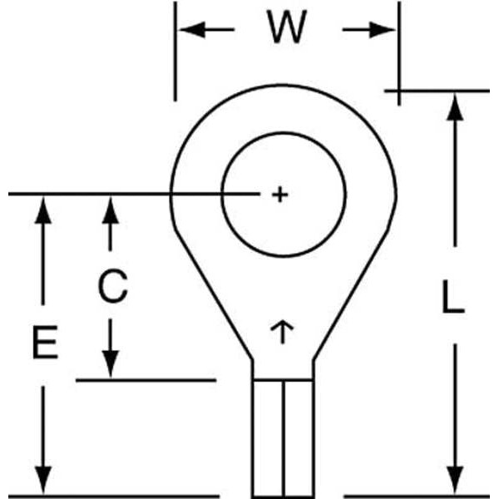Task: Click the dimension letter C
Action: [x=111, y=287]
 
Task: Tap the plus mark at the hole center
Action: [x=280, y=195]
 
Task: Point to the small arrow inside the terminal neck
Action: [x=283, y=332]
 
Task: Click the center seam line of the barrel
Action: [x=283, y=437]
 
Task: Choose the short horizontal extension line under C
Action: [x=146, y=380]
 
